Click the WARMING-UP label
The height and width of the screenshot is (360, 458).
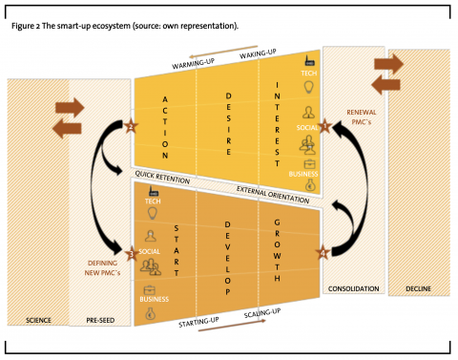tap(195, 63)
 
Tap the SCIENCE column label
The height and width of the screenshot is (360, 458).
tap(37, 319)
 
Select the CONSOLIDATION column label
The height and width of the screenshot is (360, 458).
tap(354, 287)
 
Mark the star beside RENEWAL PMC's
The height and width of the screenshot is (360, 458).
tap(326, 126)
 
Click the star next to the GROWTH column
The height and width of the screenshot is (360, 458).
tap(323, 252)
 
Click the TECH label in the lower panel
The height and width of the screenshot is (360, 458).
tap(152, 202)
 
